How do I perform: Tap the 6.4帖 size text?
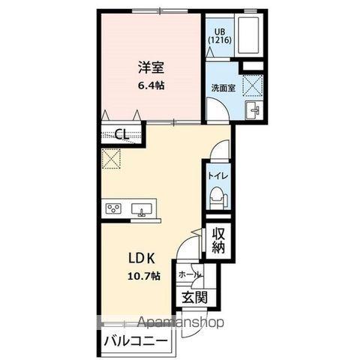tap(150, 85)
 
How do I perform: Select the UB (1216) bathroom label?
tap(221, 35)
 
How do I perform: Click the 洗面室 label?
tap(221, 87)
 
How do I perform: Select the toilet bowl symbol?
tap(217, 196)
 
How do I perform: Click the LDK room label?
tap(140, 258)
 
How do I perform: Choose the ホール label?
tap(188, 274)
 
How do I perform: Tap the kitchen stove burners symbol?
tap(114, 208)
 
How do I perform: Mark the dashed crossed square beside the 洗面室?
tap(253, 84)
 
